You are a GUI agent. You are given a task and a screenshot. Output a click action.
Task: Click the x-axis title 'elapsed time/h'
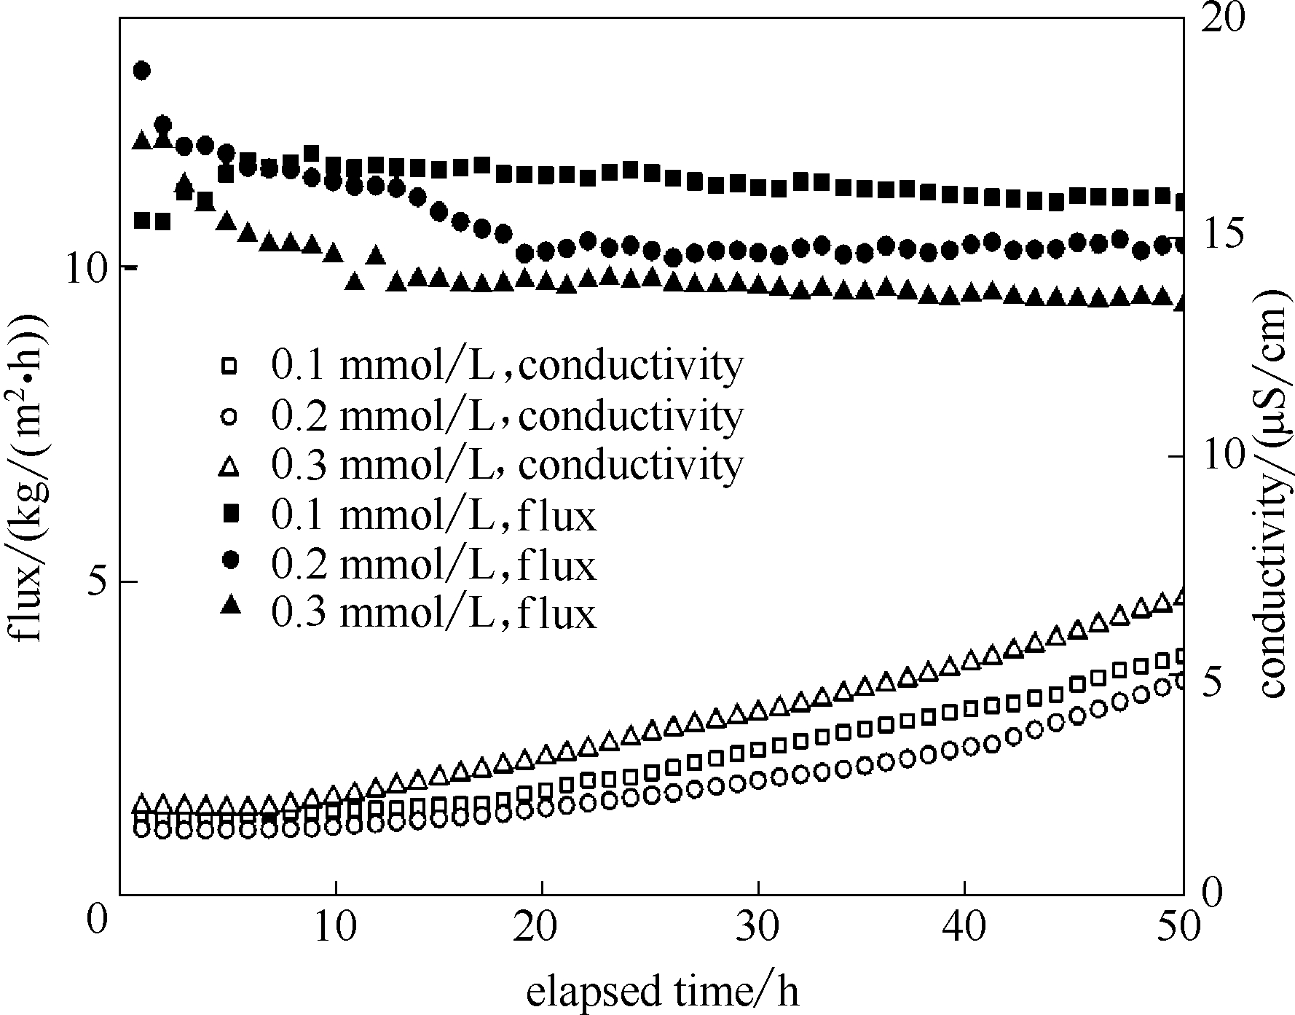coord(662,992)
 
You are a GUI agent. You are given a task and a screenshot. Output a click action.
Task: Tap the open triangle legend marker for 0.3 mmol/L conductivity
coord(229,465)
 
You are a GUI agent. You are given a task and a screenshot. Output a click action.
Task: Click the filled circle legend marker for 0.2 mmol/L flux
coord(231,560)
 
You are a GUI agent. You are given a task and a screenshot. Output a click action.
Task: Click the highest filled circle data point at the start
coord(142,71)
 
